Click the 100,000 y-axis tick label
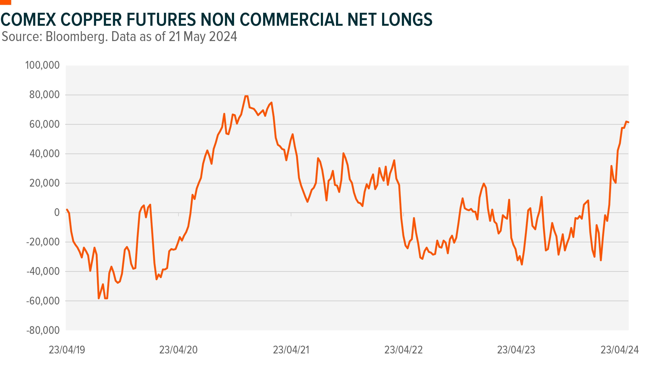[x=42, y=65]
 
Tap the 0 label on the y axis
[x=57, y=213]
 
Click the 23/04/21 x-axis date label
[x=291, y=350]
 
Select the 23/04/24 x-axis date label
[x=619, y=350]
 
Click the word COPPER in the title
[x=91, y=20]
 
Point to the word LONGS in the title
[x=407, y=20]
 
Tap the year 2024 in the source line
[x=223, y=37]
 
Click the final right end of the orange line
[x=628, y=122]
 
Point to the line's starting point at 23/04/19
[x=67, y=210]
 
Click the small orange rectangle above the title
[x=5, y=2]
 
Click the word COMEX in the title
[x=28, y=20]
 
